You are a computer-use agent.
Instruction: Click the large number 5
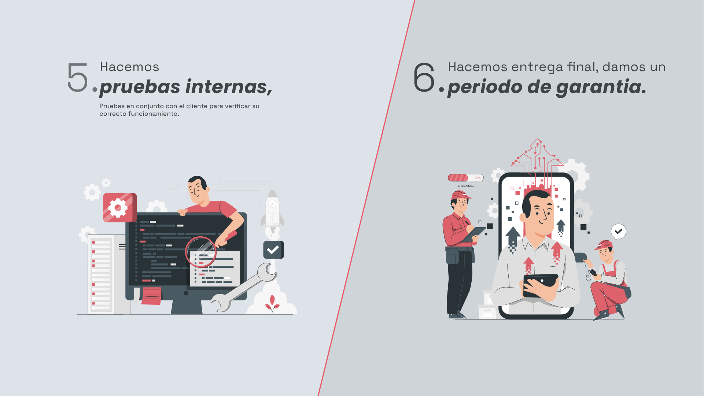(78, 77)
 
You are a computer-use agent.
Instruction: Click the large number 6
(424, 77)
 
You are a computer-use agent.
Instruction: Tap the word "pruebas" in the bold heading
(140, 87)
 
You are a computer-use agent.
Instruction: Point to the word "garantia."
(601, 87)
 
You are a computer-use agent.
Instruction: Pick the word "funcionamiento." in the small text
(154, 114)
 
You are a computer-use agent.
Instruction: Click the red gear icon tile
(120, 208)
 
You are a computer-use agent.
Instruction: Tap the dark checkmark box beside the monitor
(273, 250)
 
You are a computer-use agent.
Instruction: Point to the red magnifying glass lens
(201, 252)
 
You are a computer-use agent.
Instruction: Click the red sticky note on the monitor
(151, 296)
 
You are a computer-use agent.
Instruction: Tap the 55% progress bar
(466, 178)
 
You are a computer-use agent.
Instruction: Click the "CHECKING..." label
(465, 186)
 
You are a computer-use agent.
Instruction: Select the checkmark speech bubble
(619, 232)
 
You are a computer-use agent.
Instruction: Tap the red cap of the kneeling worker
(604, 245)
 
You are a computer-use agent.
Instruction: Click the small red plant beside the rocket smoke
(272, 304)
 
